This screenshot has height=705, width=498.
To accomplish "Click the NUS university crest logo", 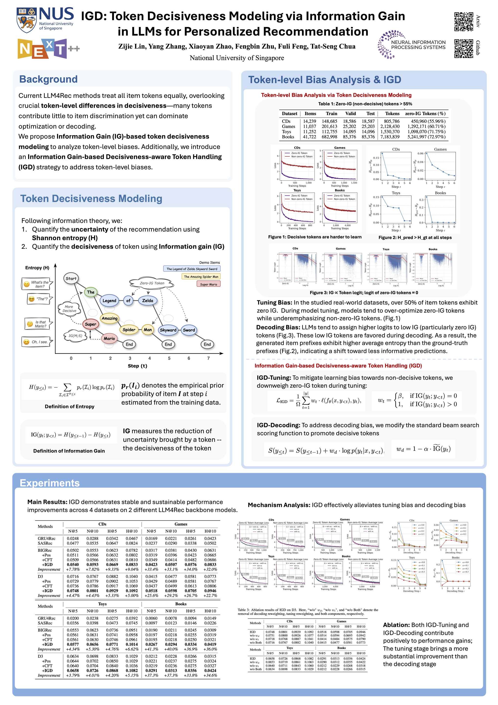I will point(27,20).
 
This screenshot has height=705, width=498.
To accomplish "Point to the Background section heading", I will point(48,79).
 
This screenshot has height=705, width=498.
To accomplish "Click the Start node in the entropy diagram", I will point(71,279).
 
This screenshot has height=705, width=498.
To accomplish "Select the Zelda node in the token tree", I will point(147,301).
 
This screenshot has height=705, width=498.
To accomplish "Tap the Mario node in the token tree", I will point(109,338).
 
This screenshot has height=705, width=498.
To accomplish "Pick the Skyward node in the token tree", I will point(168,330).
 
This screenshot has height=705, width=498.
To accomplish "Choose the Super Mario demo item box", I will point(208,284).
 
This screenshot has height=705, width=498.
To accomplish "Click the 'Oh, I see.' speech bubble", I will point(37,342).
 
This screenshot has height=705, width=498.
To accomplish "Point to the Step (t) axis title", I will point(137,366).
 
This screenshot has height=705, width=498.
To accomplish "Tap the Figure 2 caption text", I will point(415,237).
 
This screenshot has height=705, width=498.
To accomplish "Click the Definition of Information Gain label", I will point(69,451).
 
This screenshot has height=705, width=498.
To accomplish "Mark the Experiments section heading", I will point(50,483).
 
